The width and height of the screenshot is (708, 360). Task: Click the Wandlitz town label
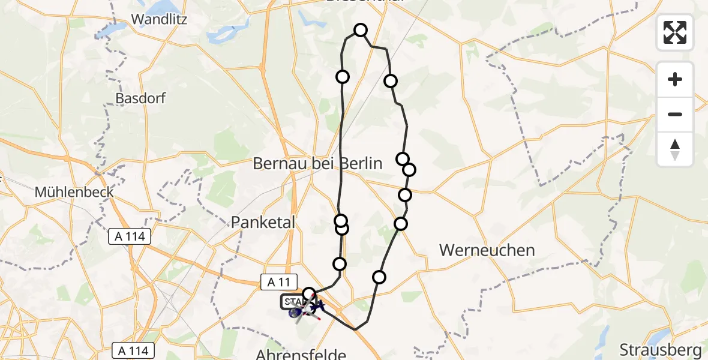pyautogui.click(x=159, y=19)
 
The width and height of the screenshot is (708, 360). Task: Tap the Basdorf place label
pyautogui.click(x=140, y=98)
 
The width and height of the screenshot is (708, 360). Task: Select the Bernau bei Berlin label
pyautogui.click(x=317, y=163)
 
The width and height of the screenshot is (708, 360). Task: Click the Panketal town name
pyautogui.click(x=264, y=223)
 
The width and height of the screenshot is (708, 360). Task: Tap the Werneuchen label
pyautogui.click(x=487, y=250)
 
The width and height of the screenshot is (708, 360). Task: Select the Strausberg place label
pyautogui.click(x=660, y=349)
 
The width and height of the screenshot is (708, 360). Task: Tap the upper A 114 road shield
pyautogui.click(x=130, y=237)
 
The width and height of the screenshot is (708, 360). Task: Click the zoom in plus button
pyautogui.click(x=675, y=79)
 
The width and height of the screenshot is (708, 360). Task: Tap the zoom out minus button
pyautogui.click(x=675, y=114)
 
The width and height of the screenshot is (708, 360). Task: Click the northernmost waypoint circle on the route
pyautogui.click(x=361, y=30)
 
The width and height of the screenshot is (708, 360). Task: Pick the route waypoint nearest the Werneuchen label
pyautogui.click(x=400, y=224)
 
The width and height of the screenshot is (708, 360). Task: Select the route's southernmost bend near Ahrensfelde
pyautogui.click(x=356, y=329)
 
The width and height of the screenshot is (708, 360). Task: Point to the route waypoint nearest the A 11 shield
pyautogui.click(x=309, y=294)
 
